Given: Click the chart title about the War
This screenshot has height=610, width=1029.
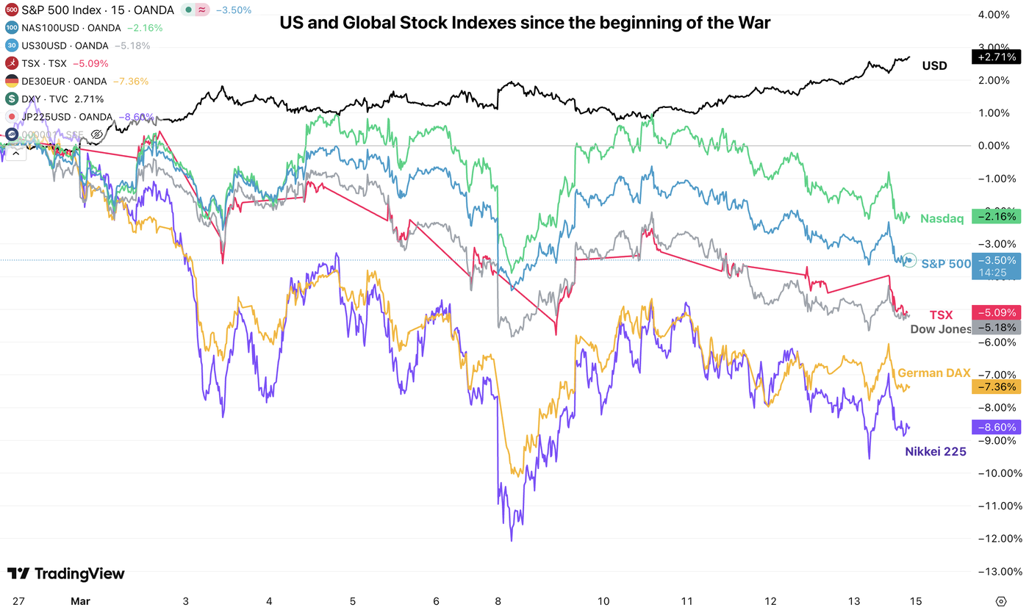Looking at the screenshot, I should click(x=525, y=24).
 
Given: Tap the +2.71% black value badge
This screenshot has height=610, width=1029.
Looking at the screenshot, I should click(x=996, y=57).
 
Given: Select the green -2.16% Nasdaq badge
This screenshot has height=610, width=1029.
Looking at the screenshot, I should click(x=996, y=217).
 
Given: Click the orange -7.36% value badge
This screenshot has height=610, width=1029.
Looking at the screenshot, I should click(x=996, y=387).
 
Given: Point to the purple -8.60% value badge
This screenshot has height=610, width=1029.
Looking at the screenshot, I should click(x=996, y=427).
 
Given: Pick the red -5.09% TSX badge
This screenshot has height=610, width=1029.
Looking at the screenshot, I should click(x=996, y=312).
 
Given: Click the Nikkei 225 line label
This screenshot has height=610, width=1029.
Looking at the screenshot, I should click(x=935, y=452).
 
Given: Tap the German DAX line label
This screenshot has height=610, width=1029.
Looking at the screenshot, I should click(x=933, y=373).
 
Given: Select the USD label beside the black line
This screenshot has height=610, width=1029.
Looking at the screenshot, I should click(x=934, y=66).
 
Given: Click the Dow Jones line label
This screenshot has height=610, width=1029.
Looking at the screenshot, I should click(x=940, y=329).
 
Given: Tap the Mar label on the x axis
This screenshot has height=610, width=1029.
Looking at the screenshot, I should click(x=80, y=600).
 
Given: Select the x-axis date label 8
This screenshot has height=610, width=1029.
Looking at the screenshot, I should click(x=498, y=600).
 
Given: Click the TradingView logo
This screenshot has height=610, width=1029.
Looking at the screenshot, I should click(x=66, y=574).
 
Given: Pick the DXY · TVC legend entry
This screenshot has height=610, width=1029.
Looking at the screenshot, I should click(x=55, y=98).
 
